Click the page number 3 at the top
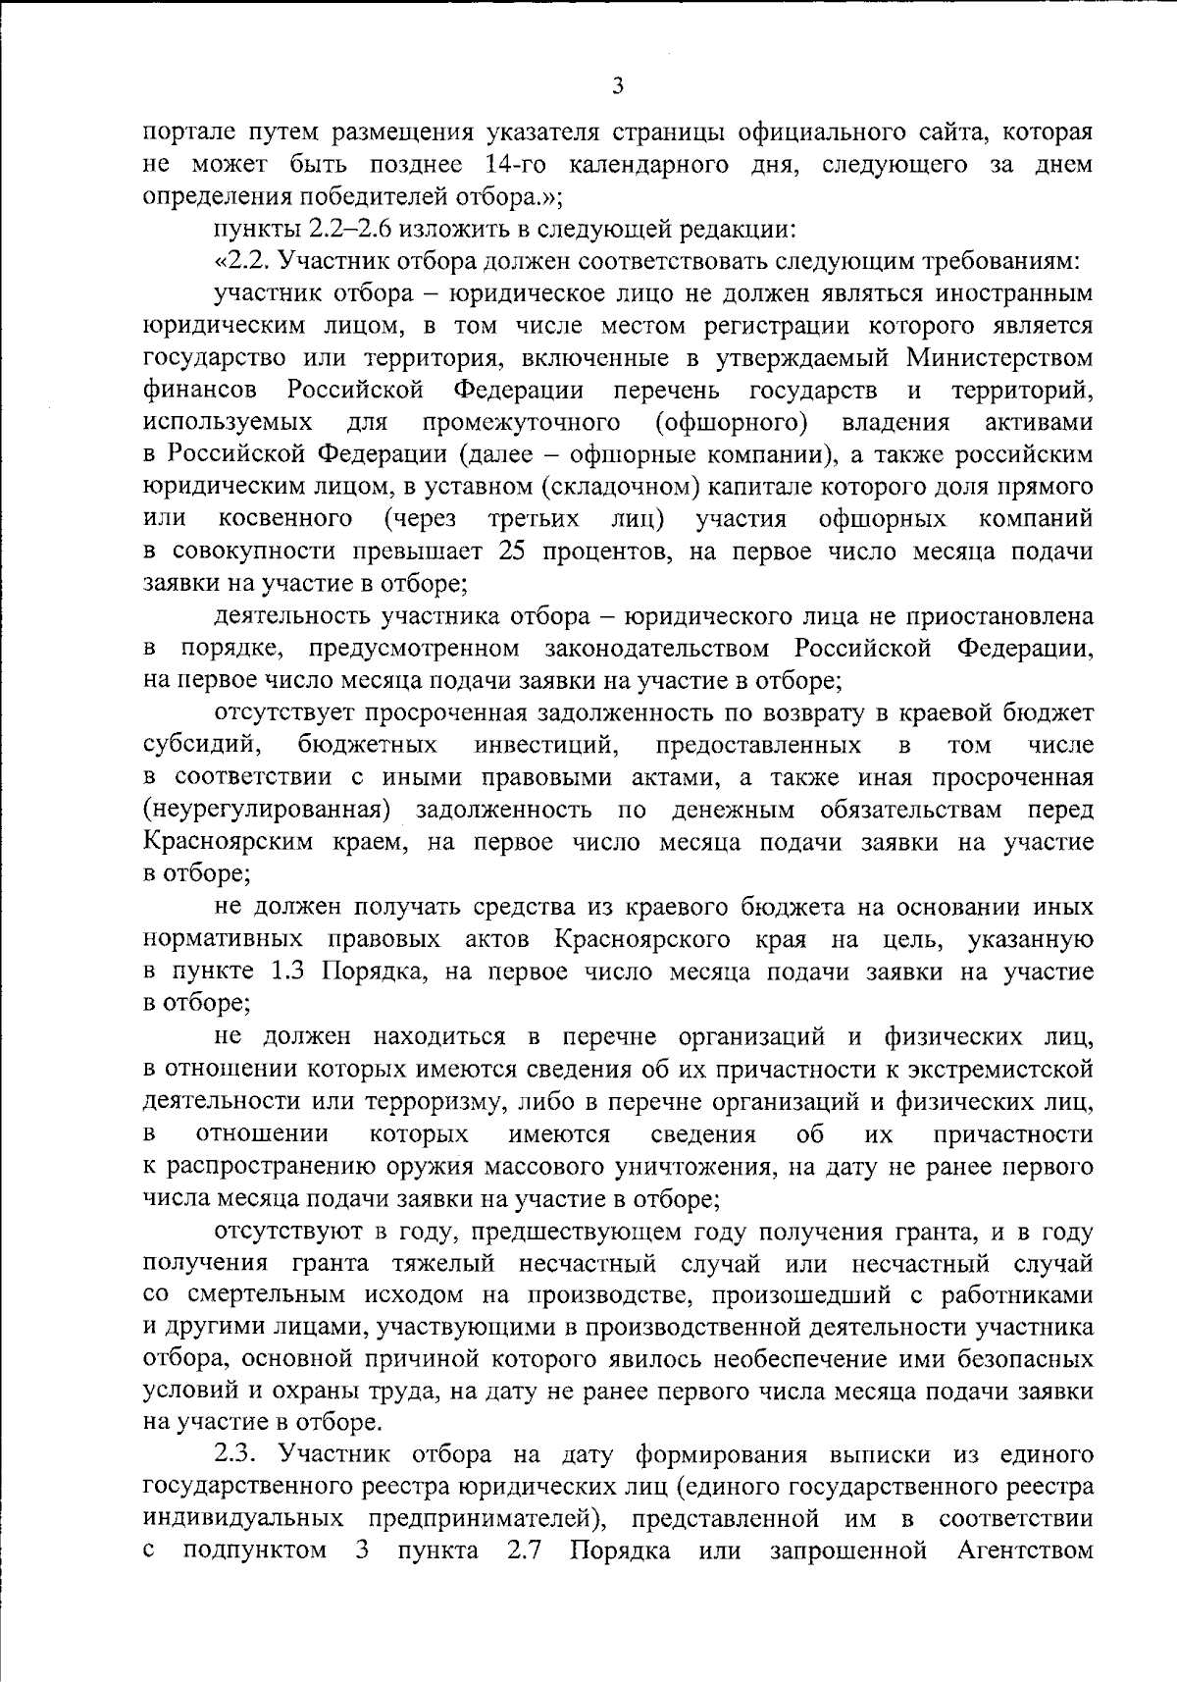click(617, 86)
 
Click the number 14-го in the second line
click(508, 163)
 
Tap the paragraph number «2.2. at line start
click(239, 262)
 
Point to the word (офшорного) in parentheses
click(731, 422)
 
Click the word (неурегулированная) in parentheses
click(268, 810)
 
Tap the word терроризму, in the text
click(429, 1101)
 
